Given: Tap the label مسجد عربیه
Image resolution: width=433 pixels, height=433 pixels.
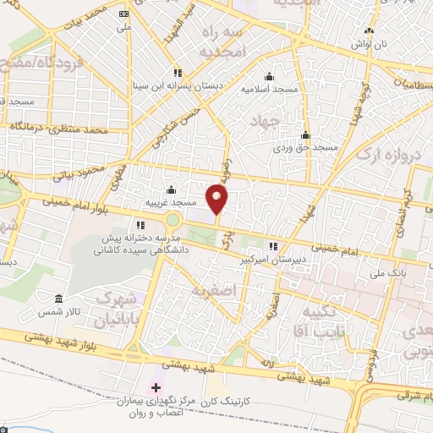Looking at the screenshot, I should (x=172, y=203).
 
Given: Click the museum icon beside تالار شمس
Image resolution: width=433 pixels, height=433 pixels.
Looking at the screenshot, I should (x=58, y=300).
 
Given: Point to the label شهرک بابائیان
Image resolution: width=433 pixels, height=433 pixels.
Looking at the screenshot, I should (x=116, y=310).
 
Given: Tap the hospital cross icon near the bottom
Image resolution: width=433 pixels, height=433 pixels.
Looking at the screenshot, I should (x=155, y=387).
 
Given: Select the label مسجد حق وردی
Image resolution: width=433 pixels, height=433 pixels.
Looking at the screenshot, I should (x=304, y=147).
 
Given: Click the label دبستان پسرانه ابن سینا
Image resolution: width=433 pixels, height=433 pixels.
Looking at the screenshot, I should (x=176, y=85).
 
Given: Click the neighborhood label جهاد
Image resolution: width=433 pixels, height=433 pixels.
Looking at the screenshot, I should (x=265, y=123).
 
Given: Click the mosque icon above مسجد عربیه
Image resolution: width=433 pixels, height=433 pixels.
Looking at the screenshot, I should (x=172, y=189).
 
